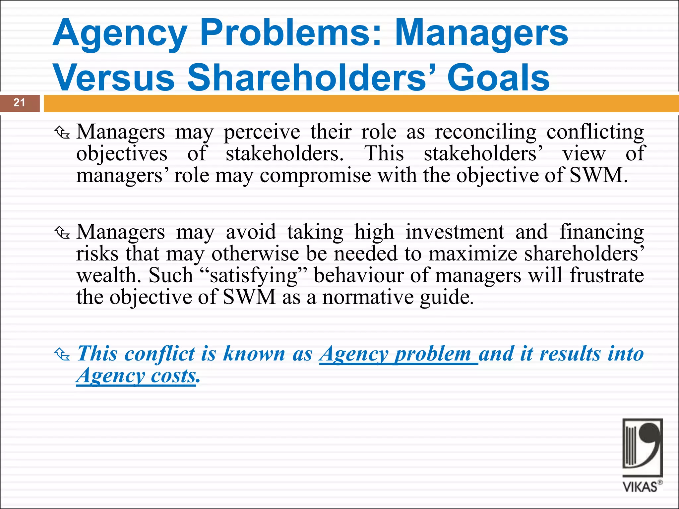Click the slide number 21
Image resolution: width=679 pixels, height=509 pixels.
click(x=19, y=103)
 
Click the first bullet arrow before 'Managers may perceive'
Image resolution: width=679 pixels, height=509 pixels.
click(x=62, y=133)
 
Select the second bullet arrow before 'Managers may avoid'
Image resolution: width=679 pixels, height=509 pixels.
click(x=62, y=233)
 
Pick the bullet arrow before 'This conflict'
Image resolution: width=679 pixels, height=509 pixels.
click(x=62, y=355)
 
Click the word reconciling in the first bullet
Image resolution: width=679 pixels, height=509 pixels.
click(x=485, y=132)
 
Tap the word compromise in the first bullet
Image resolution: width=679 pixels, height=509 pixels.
click(x=315, y=175)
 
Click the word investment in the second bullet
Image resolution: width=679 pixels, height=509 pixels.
click(x=455, y=232)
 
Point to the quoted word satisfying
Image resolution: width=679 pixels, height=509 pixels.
click(x=254, y=275)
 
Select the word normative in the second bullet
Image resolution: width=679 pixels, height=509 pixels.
click(x=368, y=297)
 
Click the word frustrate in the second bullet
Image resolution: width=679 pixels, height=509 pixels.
click(x=607, y=275)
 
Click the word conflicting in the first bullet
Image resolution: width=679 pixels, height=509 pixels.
click(x=595, y=132)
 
